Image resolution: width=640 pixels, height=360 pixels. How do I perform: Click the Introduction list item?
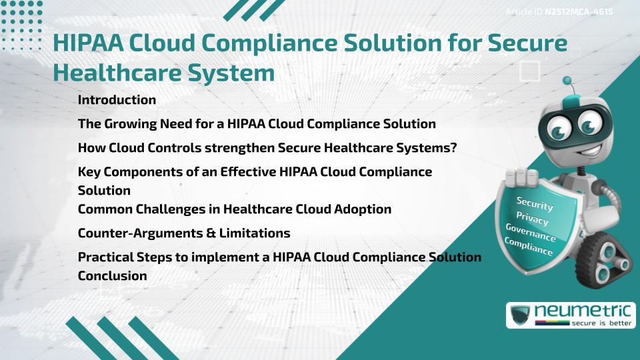click(117, 100)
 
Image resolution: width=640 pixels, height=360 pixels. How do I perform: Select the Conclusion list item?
click(112, 275)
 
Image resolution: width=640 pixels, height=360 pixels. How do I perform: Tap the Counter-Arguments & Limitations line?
click(184, 233)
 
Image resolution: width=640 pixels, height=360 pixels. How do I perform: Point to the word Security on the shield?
click(535, 203)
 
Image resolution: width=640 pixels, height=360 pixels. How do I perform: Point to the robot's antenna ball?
click(568, 81)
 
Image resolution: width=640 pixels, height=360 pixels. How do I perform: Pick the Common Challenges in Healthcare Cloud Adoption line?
click(235, 209)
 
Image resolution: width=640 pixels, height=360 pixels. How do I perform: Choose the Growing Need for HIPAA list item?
click(257, 124)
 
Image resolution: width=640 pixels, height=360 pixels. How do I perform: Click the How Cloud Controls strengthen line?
click(267, 148)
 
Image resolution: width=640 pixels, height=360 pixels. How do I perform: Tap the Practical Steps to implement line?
click(279, 257)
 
